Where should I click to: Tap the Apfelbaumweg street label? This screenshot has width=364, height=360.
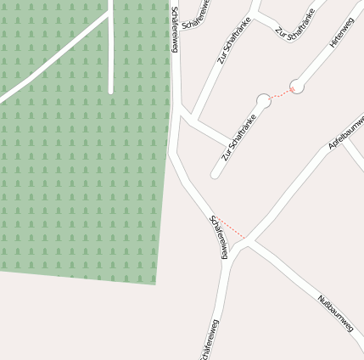pos(345,132)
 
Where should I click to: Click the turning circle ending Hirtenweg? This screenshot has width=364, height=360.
pos(296,86)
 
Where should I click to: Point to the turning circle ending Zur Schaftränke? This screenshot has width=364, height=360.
pos(263,101)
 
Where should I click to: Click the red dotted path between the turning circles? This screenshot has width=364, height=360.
pos(280,93)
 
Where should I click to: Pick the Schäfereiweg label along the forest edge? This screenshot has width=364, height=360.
pos(174,30)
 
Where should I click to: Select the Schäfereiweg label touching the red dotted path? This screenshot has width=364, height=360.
pos(220,237)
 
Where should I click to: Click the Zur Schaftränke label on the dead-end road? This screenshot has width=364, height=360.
pos(238,138)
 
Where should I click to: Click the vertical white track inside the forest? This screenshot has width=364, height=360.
pos(111,51)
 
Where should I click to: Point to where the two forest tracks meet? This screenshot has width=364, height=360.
pos(110,16)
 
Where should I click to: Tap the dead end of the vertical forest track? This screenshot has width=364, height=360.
pos(111,92)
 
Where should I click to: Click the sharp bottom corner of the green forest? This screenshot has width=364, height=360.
pos(154,283)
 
